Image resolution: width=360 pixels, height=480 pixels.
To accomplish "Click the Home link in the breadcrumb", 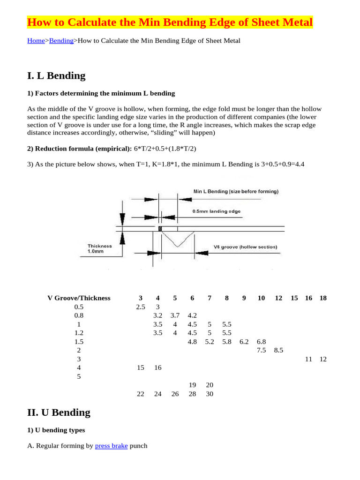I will click(36, 41).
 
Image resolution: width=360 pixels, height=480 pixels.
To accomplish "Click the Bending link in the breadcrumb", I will click(61, 41).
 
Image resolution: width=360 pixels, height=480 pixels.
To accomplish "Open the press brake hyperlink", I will click(111, 446).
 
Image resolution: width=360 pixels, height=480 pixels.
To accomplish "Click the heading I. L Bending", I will click(56, 75).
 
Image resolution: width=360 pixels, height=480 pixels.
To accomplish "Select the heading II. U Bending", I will click(59, 412).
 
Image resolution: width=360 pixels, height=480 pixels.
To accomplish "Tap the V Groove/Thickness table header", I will click(79, 298).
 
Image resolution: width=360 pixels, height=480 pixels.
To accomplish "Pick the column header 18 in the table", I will click(323, 298).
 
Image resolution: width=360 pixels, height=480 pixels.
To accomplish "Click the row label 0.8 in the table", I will click(79, 315).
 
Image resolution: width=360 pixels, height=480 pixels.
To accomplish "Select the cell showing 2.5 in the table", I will click(140, 307).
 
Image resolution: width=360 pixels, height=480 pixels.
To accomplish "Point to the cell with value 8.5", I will click(278, 350).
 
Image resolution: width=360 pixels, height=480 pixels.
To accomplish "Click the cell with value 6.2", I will click(244, 342).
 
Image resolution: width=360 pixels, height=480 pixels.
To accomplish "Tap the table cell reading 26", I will click(175, 394).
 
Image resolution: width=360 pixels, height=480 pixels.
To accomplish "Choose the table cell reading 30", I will click(210, 394).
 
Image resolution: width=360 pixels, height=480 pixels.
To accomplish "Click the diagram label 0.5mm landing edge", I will click(216, 211).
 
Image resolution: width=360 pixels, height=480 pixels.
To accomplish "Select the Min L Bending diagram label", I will click(236, 191).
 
